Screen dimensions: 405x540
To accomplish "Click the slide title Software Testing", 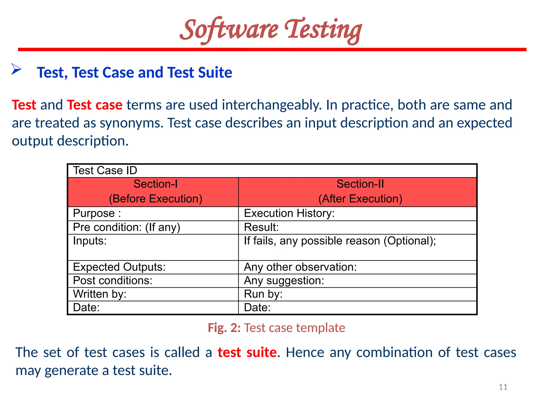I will tap(271, 30).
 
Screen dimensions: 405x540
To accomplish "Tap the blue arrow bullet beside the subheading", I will tap(16, 69).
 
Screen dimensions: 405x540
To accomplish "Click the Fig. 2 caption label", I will tap(224, 328).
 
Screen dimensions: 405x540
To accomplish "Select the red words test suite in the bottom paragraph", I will tap(247, 353).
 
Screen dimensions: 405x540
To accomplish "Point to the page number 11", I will tap(503, 387).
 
